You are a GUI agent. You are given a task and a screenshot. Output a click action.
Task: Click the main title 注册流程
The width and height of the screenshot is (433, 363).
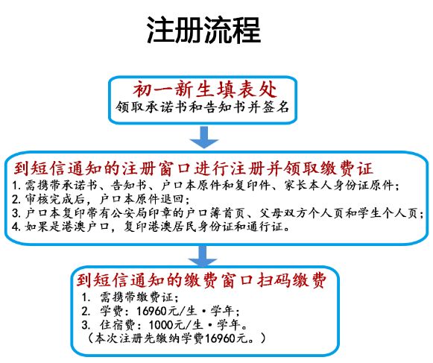pos(203,30)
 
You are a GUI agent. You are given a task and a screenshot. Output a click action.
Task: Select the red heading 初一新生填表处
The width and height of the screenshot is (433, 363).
pos(205,89)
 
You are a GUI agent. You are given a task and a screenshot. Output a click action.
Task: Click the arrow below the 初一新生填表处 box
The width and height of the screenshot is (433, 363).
pos(203,137)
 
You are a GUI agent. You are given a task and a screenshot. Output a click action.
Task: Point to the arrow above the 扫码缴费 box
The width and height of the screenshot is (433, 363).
pos(203,256)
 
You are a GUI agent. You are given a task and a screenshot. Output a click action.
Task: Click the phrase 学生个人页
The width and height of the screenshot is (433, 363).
pos(388,213)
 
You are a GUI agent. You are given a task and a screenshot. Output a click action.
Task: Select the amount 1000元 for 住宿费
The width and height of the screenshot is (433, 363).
pos(167,325)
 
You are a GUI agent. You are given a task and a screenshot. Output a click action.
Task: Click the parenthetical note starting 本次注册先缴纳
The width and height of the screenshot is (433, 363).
pos(176,338)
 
